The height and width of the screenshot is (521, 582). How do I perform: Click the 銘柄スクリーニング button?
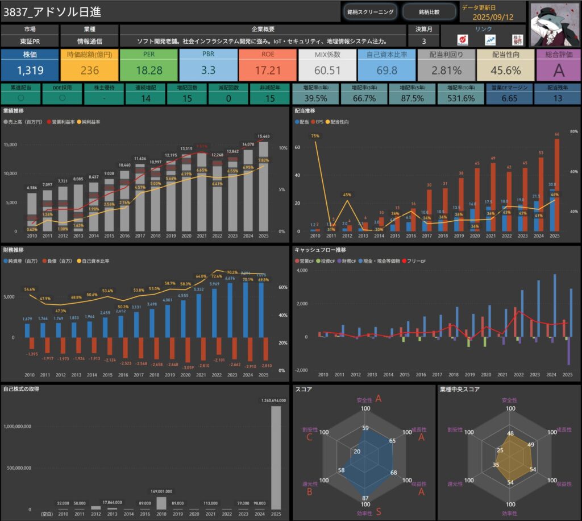(370, 11)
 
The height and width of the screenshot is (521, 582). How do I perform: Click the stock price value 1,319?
(30, 70)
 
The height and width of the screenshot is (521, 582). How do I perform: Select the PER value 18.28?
(149, 70)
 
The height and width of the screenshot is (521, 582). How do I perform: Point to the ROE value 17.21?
(268, 70)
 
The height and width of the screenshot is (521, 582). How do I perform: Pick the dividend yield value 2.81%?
(446, 70)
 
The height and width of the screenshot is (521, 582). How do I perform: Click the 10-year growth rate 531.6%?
(461, 98)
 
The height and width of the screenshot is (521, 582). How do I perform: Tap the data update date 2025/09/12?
(493, 17)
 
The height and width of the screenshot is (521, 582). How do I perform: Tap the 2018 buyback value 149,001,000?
(161, 491)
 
